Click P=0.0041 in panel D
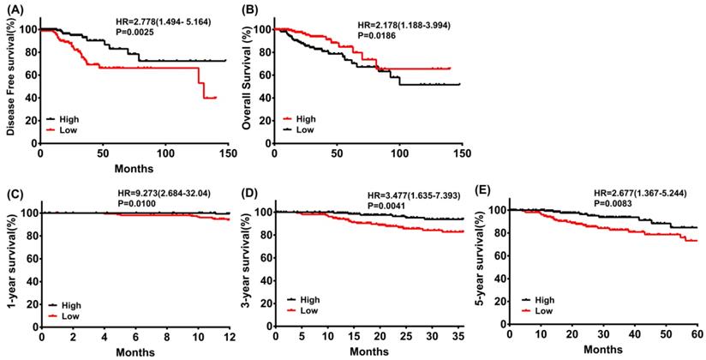386,207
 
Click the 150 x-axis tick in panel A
125,153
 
